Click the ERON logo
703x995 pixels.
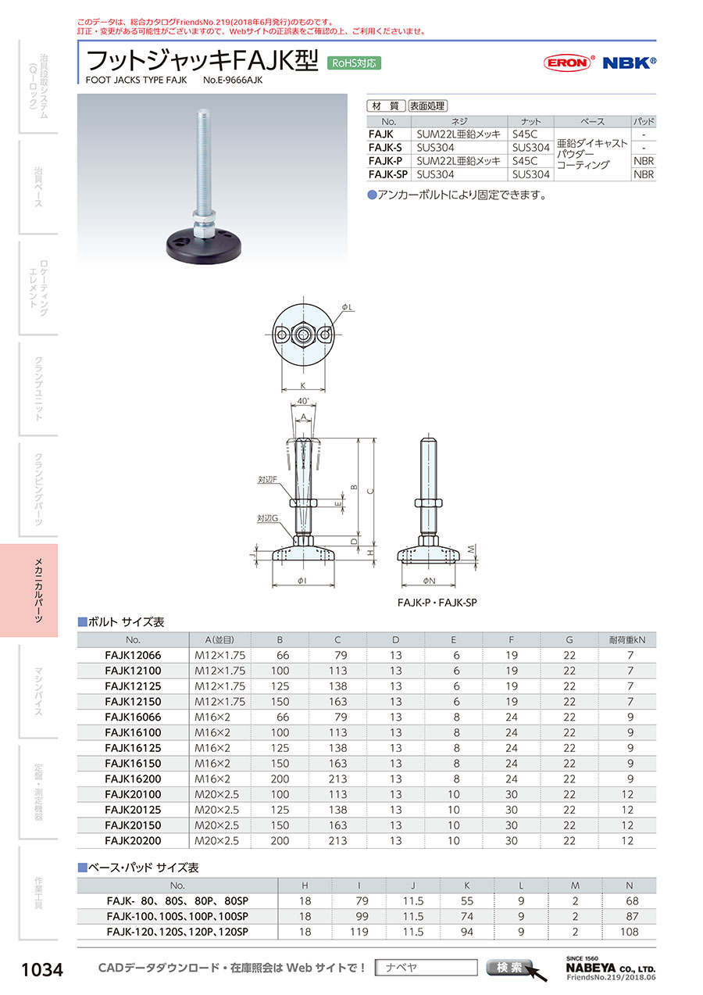(x=569, y=63)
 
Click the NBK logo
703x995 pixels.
(x=629, y=63)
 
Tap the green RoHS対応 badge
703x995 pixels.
(x=354, y=63)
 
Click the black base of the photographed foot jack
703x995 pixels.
(x=204, y=248)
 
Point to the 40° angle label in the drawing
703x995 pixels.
(x=303, y=401)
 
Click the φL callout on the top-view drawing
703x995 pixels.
(x=347, y=307)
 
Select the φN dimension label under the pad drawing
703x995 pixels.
(x=429, y=581)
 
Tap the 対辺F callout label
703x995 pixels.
(x=267, y=480)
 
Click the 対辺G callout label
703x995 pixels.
(x=268, y=518)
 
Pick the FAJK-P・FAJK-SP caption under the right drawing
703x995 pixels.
(x=437, y=603)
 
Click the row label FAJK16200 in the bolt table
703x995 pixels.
(x=133, y=778)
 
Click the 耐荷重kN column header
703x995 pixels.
(x=627, y=640)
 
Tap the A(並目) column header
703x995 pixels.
(x=219, y=640)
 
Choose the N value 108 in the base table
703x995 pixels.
(x=630, y=932)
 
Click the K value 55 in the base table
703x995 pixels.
(x=467, y=901)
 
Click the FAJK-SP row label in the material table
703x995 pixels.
(x=388, y=174)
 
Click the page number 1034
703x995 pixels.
(x=42, y=970)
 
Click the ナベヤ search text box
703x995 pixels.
(x=426, y=968)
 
